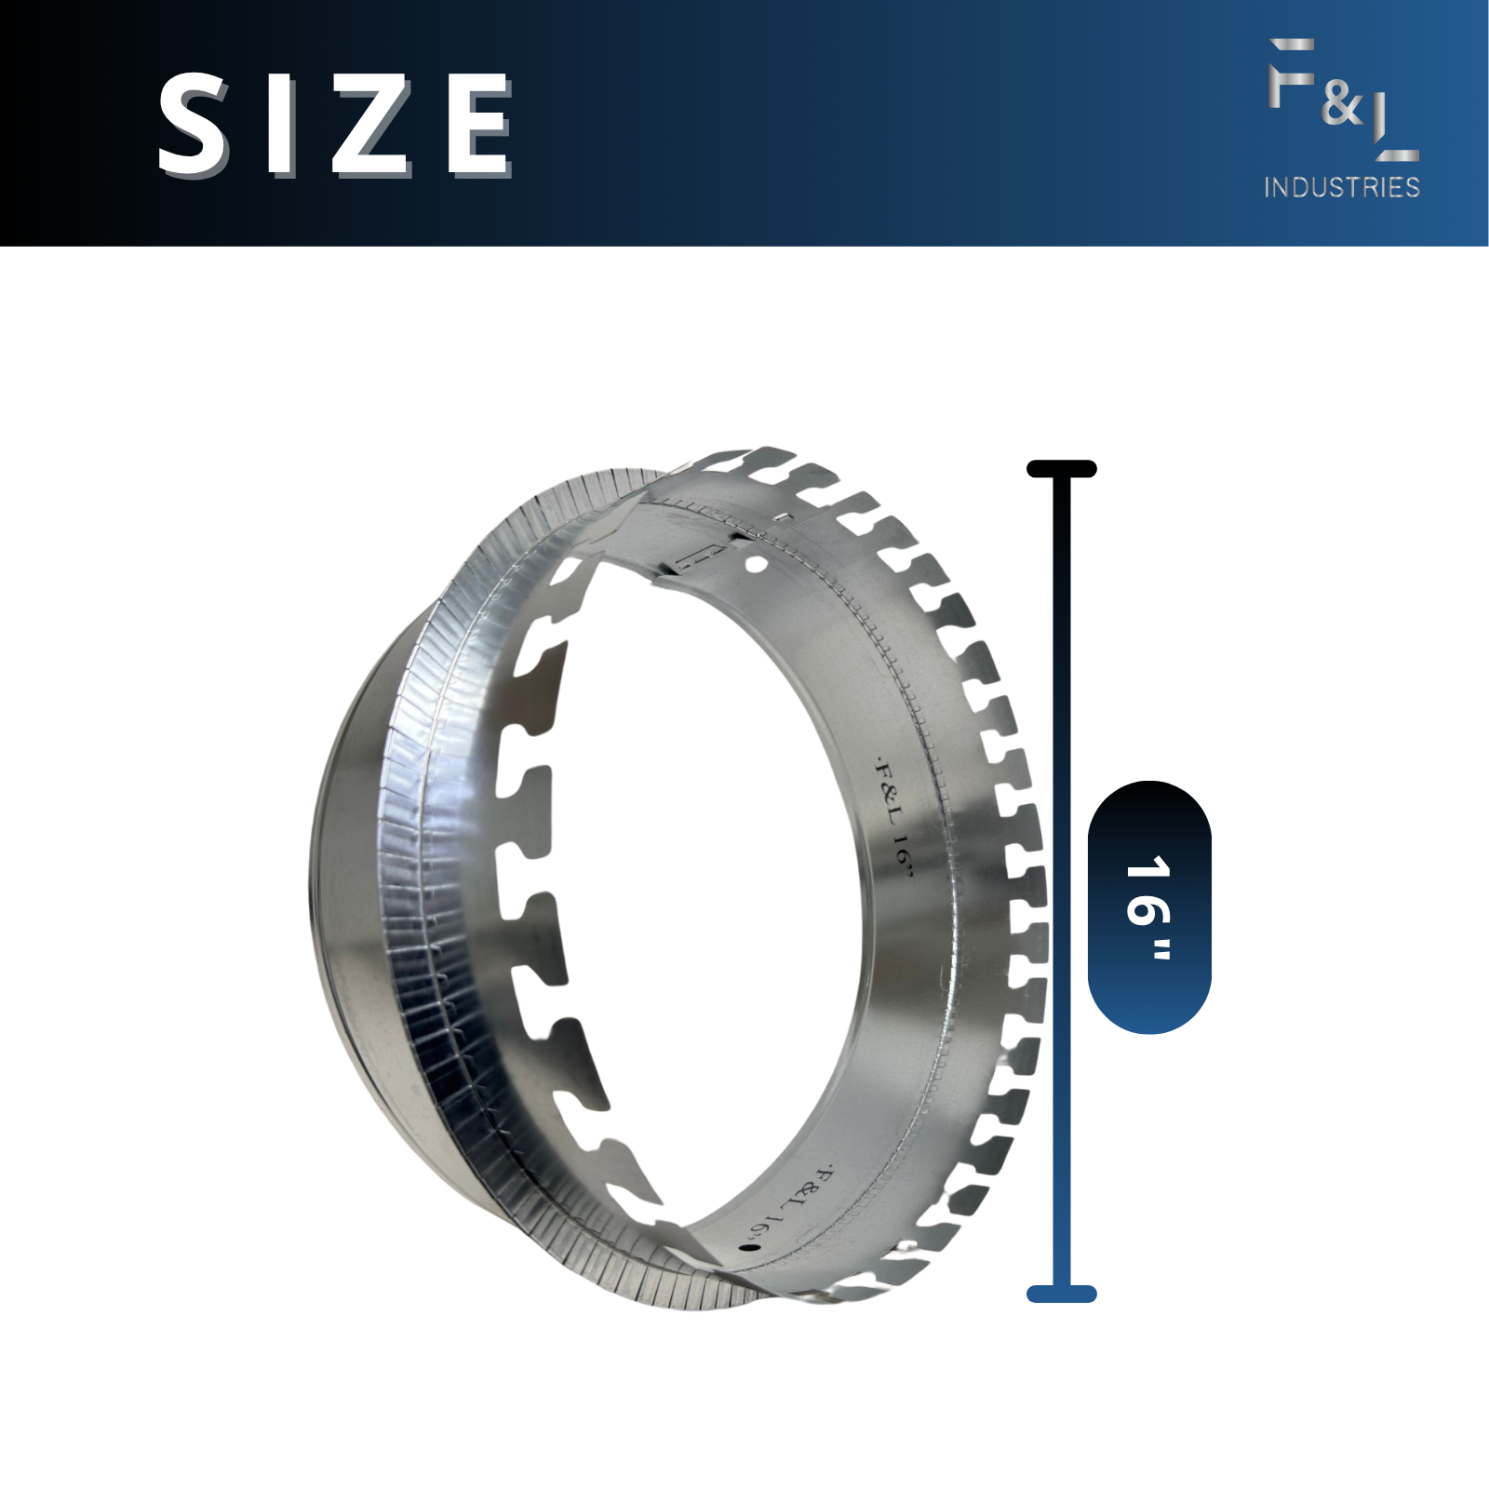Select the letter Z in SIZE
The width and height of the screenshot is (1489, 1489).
[x=370, y=125]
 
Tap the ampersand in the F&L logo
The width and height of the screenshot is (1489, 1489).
[x=1342, y=102]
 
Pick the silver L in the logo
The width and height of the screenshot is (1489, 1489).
[x=1395, y=129]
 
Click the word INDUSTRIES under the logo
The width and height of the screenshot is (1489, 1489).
[x=1342, y=187]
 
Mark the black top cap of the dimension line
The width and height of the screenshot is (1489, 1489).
[x=1062, y=469]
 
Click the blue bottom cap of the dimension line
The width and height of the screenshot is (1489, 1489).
[x=1062, y=1294]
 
